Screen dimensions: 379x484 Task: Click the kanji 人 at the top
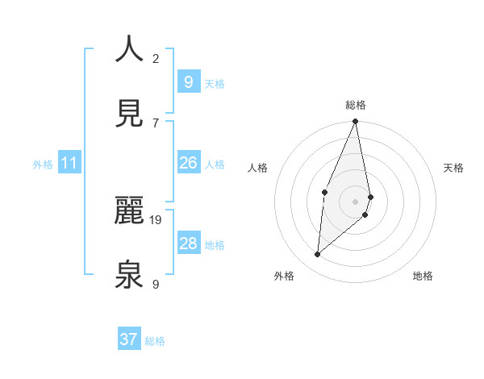(x=130, y=49)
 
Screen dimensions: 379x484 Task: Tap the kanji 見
(x=130, y=115)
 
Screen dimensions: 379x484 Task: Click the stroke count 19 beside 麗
(x=156, y=219)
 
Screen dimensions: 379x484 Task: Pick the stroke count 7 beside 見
(x=156, y=123)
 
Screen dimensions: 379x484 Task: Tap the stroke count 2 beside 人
(x=156, y=58)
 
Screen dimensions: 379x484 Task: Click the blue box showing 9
(x=188, y=81)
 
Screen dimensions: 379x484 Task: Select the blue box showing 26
(x=188, y=163)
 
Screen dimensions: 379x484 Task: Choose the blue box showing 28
(x=188, y=244)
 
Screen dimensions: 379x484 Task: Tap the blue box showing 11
(x=69, y=163)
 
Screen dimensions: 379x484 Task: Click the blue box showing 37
(x=128, y=339)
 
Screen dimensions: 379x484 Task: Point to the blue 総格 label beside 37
(x=155, y=341)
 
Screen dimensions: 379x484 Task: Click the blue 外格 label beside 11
(x=43, y=165)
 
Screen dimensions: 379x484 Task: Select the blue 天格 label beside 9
(x=214, y=83)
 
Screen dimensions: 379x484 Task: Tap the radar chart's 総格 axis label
(x=356, y=105)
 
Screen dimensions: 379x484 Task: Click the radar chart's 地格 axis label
(x=423, y=276)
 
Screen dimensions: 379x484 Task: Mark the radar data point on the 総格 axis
(x=355, y=122)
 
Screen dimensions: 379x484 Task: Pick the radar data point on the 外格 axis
(x=318, y=254)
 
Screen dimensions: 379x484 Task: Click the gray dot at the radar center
(x=355, y=202)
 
